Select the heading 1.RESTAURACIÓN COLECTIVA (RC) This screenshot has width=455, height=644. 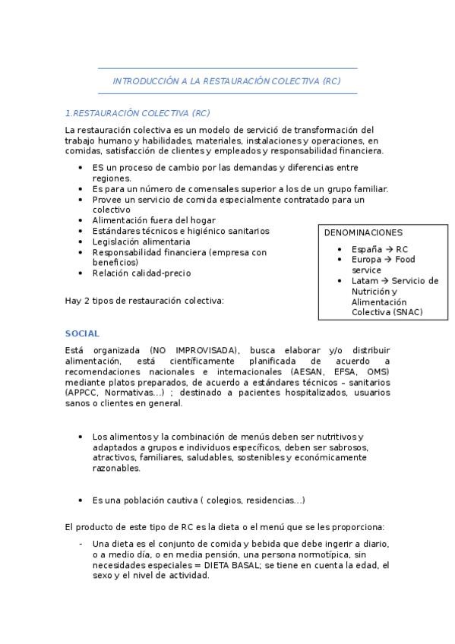(137, 113)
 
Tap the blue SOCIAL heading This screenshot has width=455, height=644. (82, 333)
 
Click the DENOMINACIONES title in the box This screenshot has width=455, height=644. (363, 232)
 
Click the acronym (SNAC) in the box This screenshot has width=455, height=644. (405, 312)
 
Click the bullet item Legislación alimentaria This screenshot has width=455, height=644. (136, 241)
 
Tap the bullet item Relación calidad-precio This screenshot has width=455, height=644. (141, 273)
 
